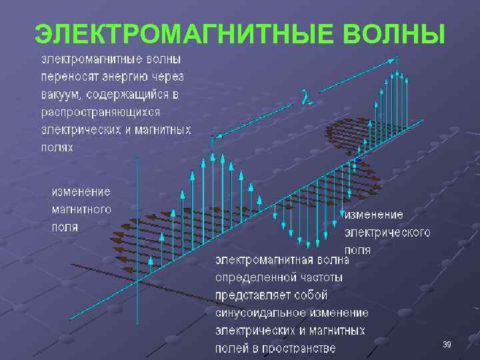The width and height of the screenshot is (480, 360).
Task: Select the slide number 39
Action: tap(447, 344)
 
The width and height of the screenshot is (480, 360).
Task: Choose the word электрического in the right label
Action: tap(387, 233)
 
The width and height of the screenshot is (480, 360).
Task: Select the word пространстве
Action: tap(303, 348)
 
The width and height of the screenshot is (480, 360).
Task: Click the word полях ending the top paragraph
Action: tap(57, 147)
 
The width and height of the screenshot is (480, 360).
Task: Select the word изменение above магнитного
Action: tap(81, 192)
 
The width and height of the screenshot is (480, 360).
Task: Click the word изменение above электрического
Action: tap(374, 215)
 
